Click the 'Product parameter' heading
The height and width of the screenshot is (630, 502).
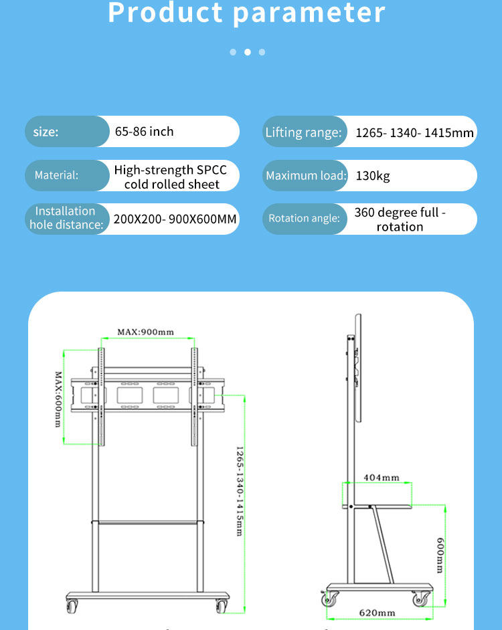click(247, 13)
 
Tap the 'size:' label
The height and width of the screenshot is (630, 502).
click(46, 132)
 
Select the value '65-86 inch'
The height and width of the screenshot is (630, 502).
click(144, 132)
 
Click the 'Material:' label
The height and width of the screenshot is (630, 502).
click(56, 175)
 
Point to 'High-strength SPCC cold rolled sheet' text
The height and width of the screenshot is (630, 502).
click(171, 177)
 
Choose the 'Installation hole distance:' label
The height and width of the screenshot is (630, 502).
click(66, 218)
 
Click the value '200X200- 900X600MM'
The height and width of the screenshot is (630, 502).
click(175, 219)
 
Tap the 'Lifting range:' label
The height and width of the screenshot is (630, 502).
click(303, 132)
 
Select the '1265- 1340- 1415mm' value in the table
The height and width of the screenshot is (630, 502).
click(414, 132)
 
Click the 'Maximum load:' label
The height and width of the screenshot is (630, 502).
click(306, 176)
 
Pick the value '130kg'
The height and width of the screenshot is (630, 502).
click(373, 176)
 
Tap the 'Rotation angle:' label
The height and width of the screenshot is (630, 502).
click(305, 218)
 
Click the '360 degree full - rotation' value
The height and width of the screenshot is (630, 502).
click(400, 219)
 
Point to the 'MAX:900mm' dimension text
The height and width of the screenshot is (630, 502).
click(145, 332)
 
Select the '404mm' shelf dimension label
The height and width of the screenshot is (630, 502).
click(382, 478)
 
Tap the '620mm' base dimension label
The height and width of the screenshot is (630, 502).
click(378, 613)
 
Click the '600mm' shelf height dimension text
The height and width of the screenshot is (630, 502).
click(439, 555)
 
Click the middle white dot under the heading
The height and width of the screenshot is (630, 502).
click(247, 52)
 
